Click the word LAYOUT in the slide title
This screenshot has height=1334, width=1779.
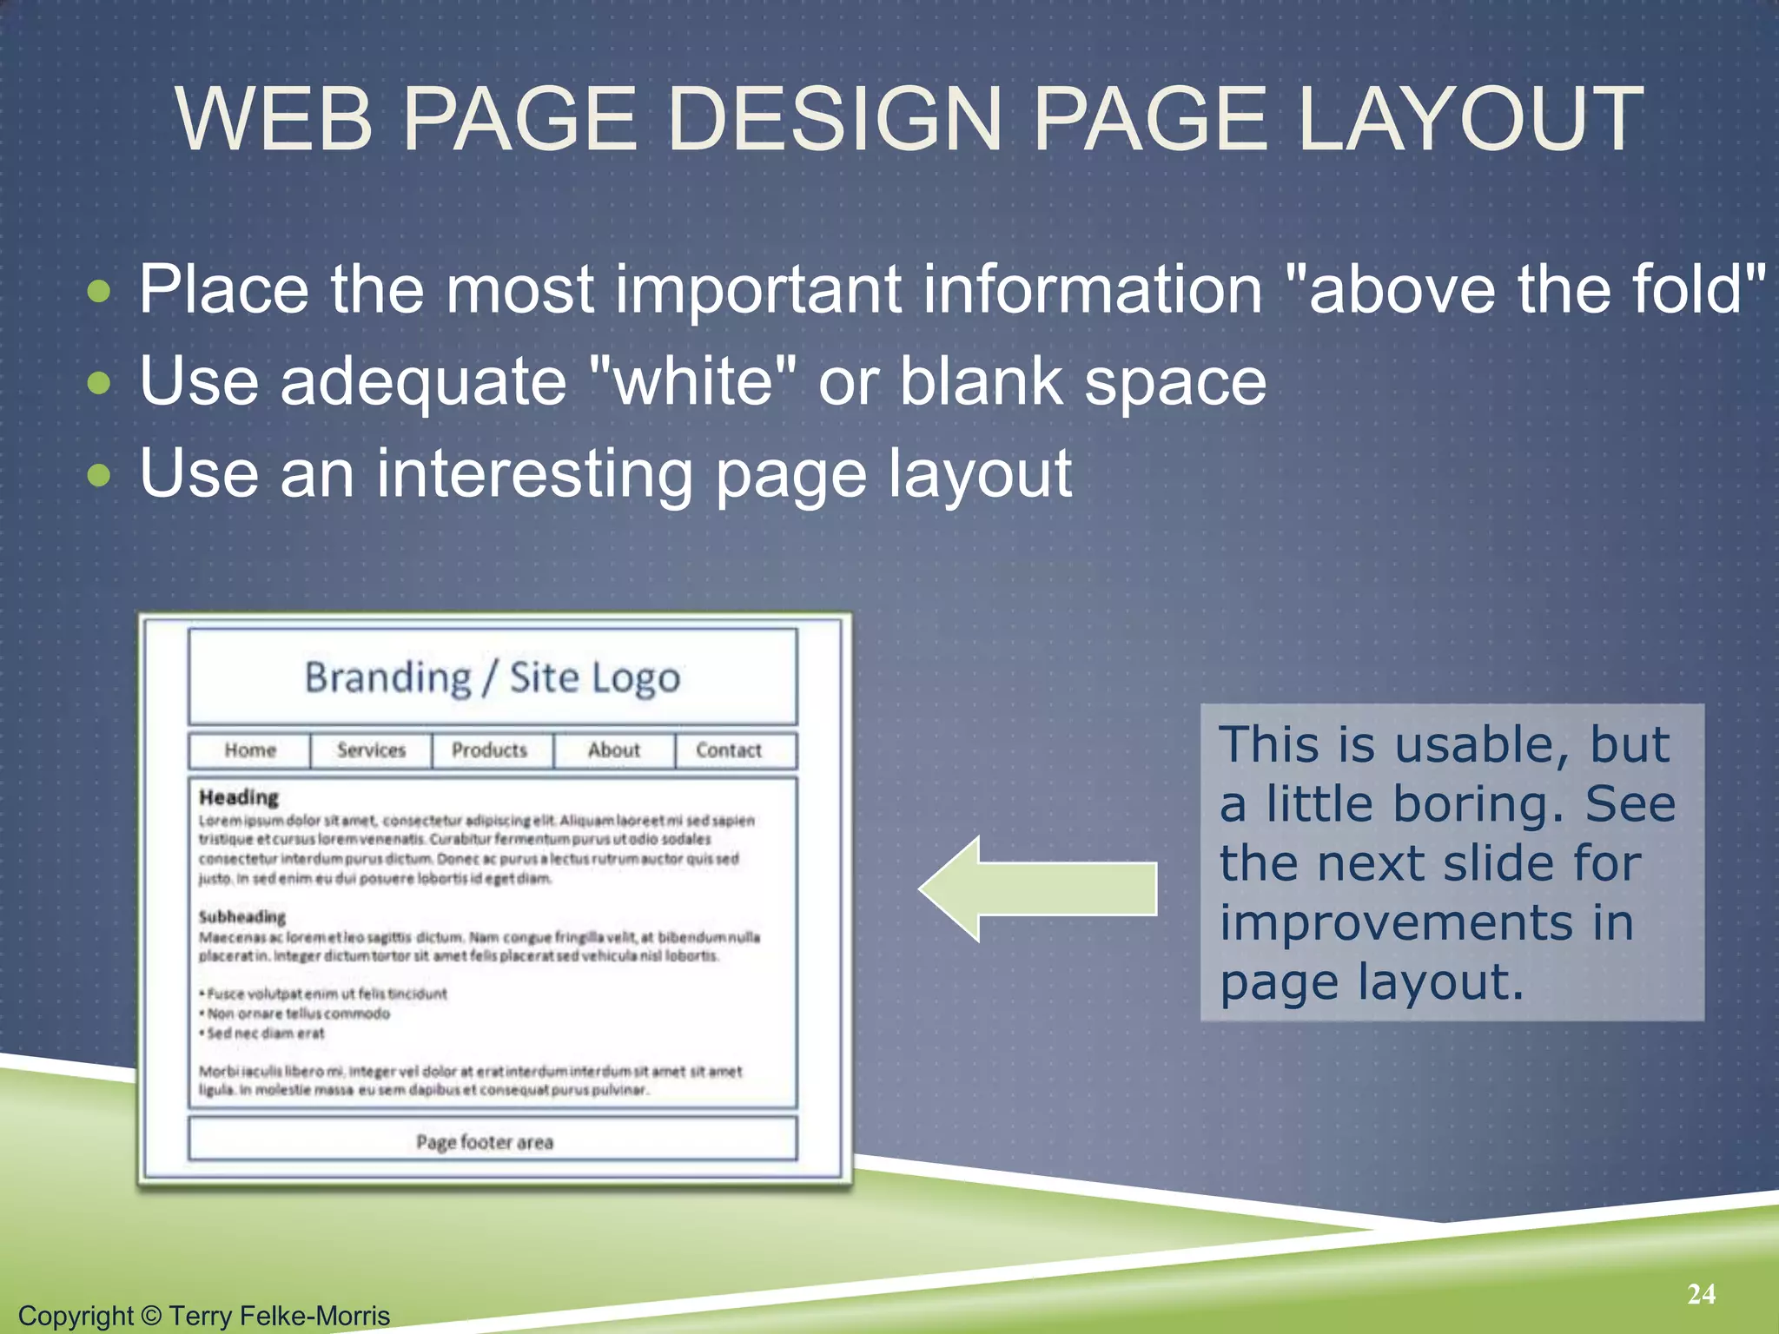[x=1470, y=119]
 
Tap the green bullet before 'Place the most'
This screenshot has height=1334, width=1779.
[x=100, y=291]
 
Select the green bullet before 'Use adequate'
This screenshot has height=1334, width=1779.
[x=100, y=383]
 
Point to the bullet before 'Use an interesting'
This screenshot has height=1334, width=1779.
[x=100, y=475]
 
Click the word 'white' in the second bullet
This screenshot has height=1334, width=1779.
[x=692, y=381]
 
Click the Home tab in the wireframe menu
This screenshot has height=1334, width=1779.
[x=250, y=750]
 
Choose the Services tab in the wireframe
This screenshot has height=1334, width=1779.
[x=371, y=750]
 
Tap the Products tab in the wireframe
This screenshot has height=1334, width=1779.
[x=489, y=750]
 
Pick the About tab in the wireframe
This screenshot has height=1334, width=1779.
[x=613, y=750]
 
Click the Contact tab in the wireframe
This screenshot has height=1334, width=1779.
[x=728, y=750]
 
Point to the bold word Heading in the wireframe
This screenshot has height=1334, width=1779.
[x=239, y=797]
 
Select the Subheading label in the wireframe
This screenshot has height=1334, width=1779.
[x=242, y=917]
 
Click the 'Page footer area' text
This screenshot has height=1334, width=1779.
[x=485, y=1142]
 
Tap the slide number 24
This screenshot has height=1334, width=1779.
[x=1701, y=1294]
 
